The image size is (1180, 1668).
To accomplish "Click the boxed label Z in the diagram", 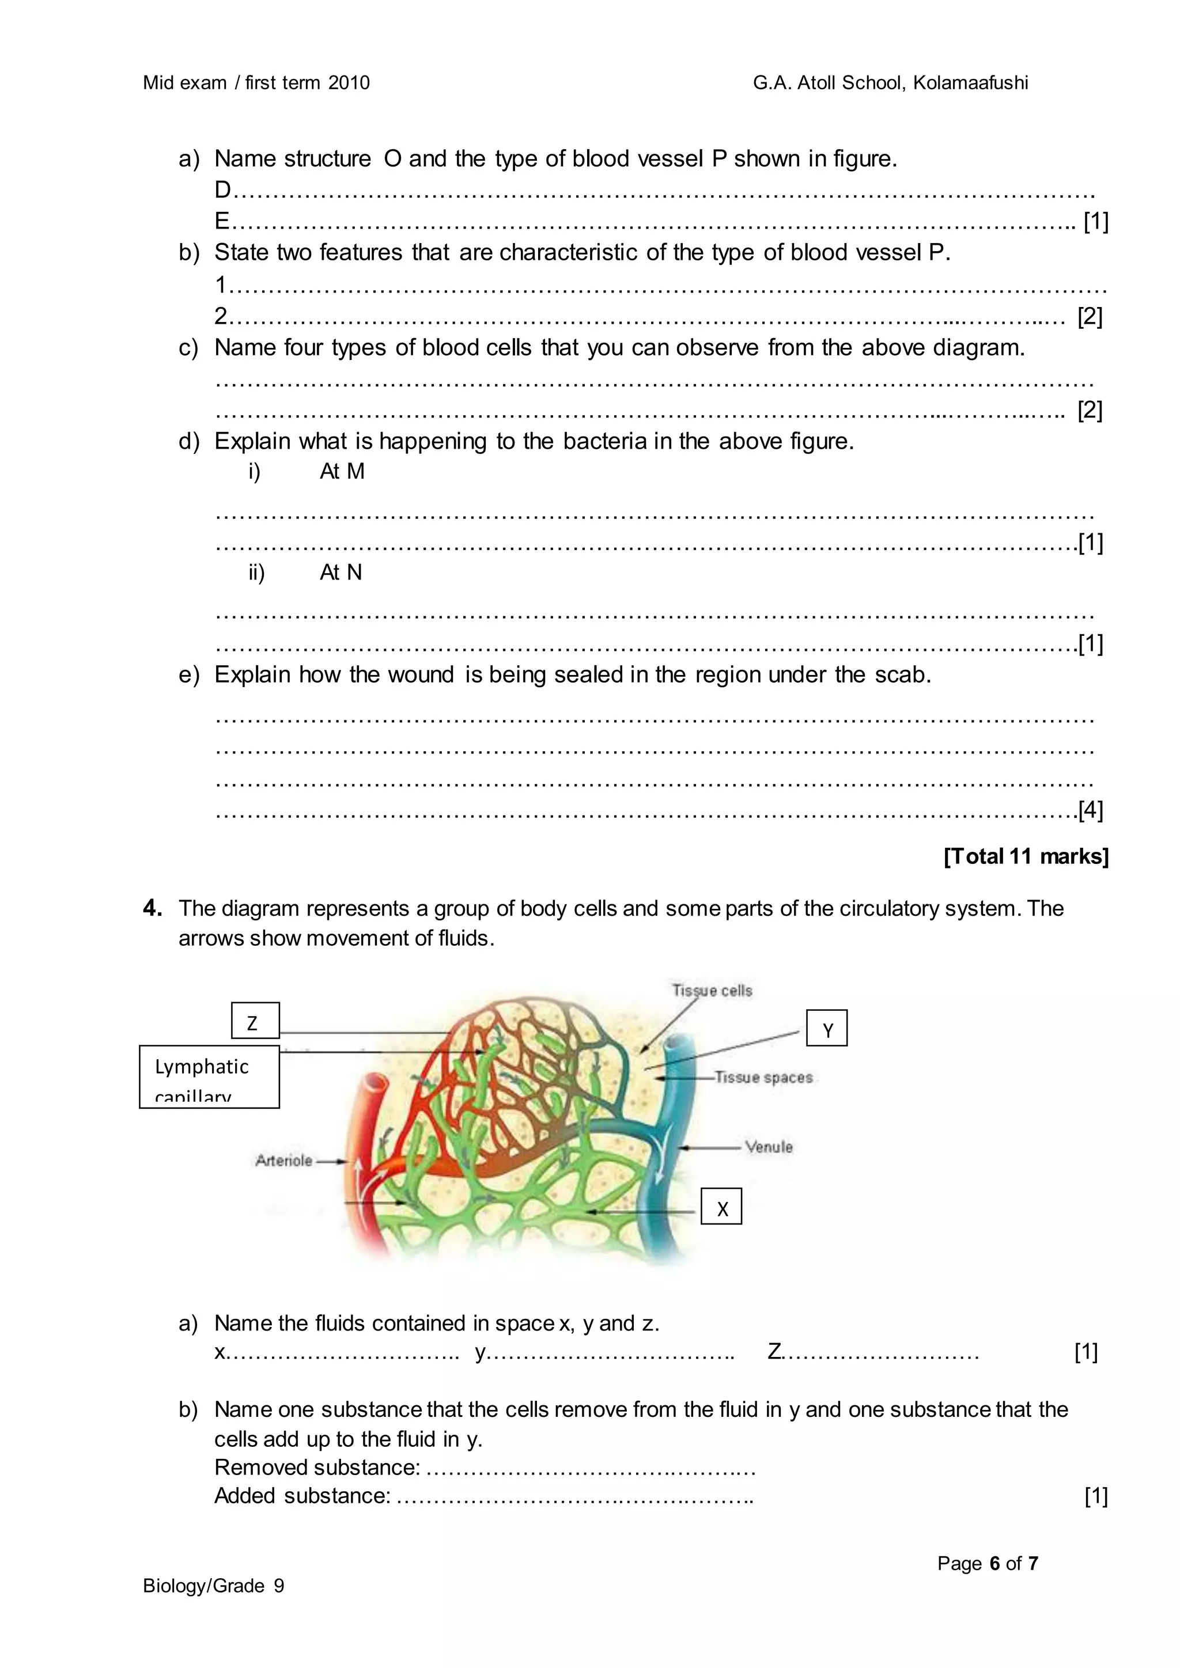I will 254,1021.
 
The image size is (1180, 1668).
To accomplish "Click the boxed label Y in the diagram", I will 827,1029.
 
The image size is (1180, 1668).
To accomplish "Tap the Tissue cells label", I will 712,991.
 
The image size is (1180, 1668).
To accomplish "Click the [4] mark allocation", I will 1090,810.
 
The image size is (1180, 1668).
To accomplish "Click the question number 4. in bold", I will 153,908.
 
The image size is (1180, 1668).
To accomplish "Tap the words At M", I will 342,472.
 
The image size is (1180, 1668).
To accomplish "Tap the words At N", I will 340,573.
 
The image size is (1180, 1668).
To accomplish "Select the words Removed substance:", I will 317,1468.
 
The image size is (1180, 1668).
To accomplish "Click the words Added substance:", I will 302,1496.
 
